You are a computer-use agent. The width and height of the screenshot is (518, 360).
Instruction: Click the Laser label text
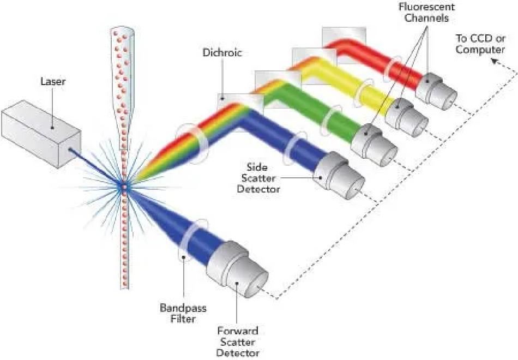point(53,82)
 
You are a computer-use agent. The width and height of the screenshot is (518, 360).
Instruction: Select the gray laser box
point(38,128)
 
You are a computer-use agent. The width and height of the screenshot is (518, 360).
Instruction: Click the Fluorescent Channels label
point(419,13)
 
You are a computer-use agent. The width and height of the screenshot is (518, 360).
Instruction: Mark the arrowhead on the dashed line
point(495,62)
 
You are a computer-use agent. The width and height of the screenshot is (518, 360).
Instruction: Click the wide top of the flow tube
point(122,35)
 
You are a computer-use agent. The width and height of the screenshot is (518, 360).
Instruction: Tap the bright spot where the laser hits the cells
point(123,186)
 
